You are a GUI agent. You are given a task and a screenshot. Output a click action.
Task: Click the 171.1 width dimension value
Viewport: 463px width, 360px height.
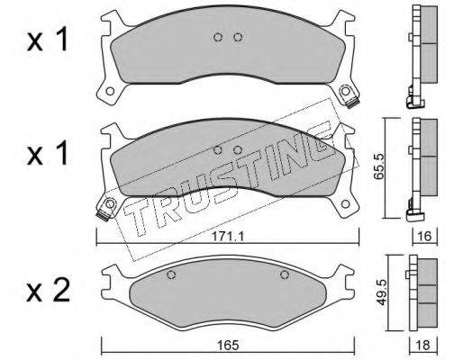pyautogui.click(x=228, y=237)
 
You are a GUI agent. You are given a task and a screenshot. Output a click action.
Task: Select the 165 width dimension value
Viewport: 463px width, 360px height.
pyautogui.click(x=228, y=345)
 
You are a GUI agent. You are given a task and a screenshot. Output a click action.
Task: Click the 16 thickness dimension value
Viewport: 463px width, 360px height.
pyautogui.click(x=423, y=237)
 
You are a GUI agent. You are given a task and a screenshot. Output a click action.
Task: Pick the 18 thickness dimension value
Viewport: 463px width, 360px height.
pyautogui.click(x=423, y=345)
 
